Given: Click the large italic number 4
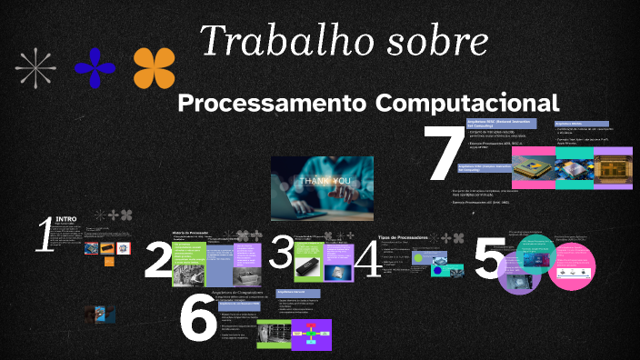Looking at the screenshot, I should coord(367,258).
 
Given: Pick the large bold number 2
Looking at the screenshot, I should coord(157,260).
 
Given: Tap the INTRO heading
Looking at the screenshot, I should coord(66,219).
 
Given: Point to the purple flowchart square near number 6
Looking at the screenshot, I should coord(312,334).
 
